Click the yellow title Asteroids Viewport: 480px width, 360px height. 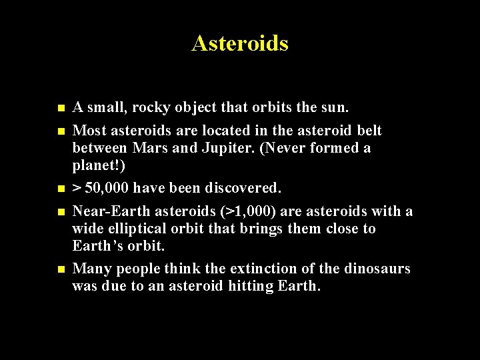click(x=240, y=43)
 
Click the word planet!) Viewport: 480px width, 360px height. click(x=99, y=165)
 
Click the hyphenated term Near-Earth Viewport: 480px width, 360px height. click(x=112, y=211)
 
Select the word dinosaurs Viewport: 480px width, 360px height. click(x=377, y=269)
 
